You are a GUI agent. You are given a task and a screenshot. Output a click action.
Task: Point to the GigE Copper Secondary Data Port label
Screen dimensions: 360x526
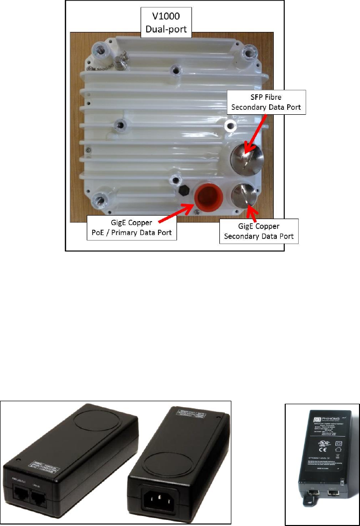click(x=259, y=231)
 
